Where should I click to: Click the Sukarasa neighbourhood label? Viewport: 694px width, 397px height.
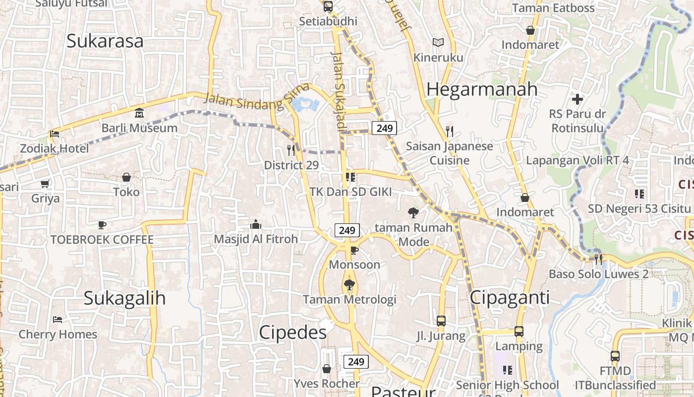105,41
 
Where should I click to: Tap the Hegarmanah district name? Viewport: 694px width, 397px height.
481,89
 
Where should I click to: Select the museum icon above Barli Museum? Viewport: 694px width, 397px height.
139,113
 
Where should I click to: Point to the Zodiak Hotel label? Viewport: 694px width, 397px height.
55,148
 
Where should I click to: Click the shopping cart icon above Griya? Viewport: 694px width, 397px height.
45,184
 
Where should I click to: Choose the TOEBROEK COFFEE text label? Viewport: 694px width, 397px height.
102,240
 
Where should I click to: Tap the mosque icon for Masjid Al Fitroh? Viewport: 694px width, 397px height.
256,224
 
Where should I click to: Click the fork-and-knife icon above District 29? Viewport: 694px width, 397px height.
291,150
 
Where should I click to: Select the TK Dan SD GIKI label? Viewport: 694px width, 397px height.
350,192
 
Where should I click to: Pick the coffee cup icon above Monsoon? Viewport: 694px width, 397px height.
354,250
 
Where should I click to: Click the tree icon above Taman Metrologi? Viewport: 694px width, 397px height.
349,285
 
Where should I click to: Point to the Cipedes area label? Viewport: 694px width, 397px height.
292,332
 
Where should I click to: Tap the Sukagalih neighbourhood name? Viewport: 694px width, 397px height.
124,298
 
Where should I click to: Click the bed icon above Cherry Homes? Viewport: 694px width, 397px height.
58,319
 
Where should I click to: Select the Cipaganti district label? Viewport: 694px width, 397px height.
510,297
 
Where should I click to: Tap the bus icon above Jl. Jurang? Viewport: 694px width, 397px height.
441,321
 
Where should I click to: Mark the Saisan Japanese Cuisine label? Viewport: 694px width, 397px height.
449,153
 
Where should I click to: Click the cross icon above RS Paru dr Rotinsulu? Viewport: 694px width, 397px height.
578,99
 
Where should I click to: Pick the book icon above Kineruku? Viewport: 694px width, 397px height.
438,43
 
